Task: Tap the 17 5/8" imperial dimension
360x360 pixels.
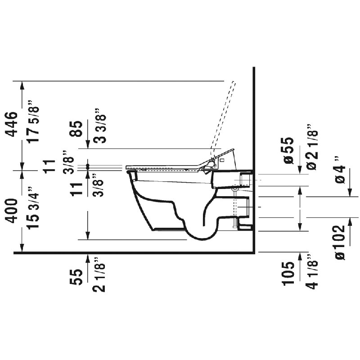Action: click(x=33, y=121)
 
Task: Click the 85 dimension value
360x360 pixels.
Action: click(x=76, y=129)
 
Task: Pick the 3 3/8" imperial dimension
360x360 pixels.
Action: click(x=99, y=126)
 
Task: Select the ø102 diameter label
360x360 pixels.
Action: click(x=339, y=243)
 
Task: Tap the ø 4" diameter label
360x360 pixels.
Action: click(x=339, y=170)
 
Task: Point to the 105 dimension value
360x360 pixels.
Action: click(x=288, y=273)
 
